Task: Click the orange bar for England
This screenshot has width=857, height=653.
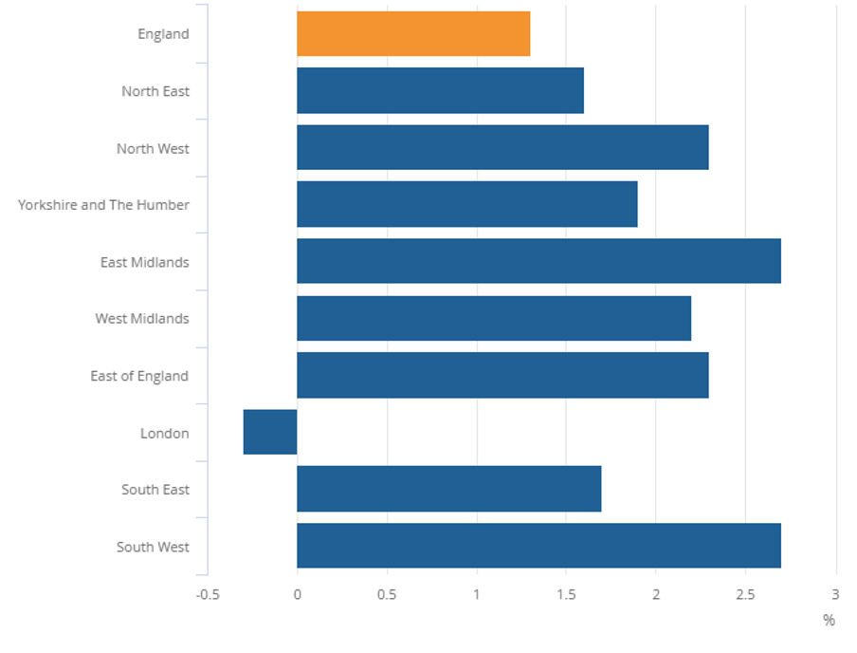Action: (413, 34)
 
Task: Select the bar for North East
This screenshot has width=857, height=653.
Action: (440, 91)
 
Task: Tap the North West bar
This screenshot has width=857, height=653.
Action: (502, 148)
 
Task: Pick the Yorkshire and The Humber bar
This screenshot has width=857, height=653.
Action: (466, 205)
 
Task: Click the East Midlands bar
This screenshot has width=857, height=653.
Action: (538, 261)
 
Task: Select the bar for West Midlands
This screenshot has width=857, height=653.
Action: (494, 318)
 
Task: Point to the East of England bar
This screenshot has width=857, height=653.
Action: (502, 375)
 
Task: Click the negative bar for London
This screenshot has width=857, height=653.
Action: (270, 432)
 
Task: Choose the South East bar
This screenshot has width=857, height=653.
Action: (448, 489)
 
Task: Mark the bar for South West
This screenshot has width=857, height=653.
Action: (538, 546)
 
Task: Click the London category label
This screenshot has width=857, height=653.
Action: (165, 434)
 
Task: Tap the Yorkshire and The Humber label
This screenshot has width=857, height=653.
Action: (103, 205)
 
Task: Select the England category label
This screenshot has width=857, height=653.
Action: (163, 34)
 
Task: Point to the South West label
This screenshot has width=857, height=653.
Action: (153, 548)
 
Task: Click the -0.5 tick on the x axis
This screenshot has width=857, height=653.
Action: (208, 595)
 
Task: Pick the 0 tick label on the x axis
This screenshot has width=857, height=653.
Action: (298, 595)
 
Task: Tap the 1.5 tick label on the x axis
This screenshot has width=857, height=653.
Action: (566, 595)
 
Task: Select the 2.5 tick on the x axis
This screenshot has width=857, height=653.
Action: (745, 595)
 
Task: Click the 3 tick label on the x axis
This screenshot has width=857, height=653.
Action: (835, 595)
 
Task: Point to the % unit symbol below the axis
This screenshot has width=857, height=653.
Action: (829, 621)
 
